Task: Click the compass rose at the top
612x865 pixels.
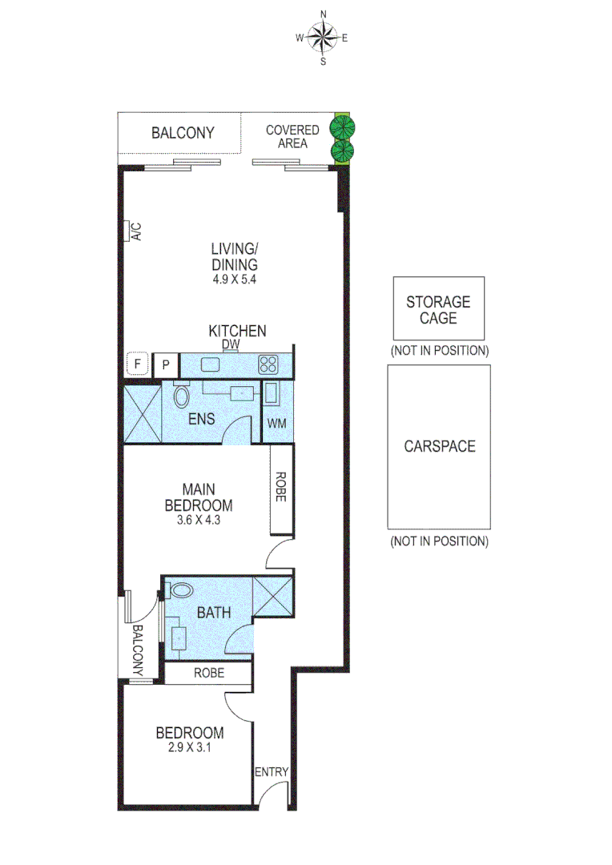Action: click(323, 37)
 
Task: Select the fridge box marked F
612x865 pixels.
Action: click(138, 364)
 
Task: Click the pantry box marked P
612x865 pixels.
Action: click(166, 364)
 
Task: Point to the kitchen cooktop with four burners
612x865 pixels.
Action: click(268, 365)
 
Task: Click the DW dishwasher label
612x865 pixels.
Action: click(231, 345)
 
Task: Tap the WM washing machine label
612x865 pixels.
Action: click(276, 422)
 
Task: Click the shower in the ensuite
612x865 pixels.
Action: click(141, 414)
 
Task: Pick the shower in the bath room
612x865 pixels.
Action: click(272, 595)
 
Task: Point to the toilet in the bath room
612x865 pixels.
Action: click(181, 591)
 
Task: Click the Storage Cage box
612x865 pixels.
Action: click(438, 308)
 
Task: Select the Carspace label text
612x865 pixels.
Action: click(439, 446)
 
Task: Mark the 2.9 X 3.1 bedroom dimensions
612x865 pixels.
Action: click(189, 747)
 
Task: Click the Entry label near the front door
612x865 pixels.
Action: click(272, 771)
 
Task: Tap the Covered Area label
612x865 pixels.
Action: click(292, 136)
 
